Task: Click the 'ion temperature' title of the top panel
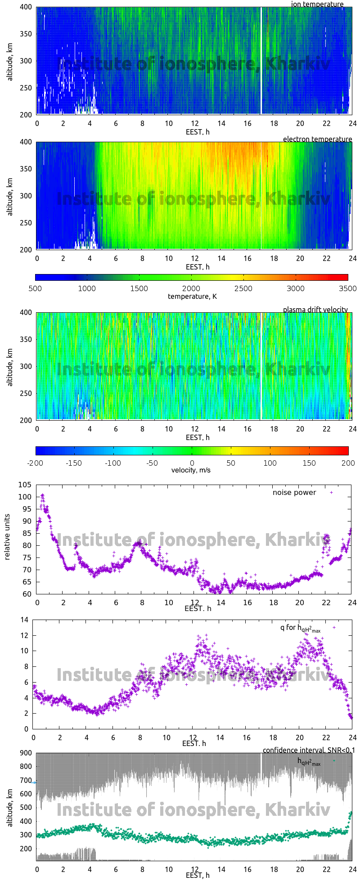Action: coord(317,4)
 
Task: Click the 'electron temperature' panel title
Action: coord(317,139)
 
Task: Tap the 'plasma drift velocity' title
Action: coord(315,310)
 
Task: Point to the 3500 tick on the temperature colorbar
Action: coord(347,288)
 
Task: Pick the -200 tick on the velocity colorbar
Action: coord(35,463)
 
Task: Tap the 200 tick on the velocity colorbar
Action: coord(348,463)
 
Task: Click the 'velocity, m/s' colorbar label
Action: coord(191,470)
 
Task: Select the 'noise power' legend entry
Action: coord(294,493)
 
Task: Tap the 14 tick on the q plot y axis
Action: coord(25,620)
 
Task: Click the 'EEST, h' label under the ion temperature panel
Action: coord(198,132)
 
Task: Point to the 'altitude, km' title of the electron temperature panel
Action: coord(9,196)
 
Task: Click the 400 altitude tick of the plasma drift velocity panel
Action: coord(25,312)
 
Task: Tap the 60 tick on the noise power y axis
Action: coord(27,594)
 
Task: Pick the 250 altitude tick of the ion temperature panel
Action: coord(25,88)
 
